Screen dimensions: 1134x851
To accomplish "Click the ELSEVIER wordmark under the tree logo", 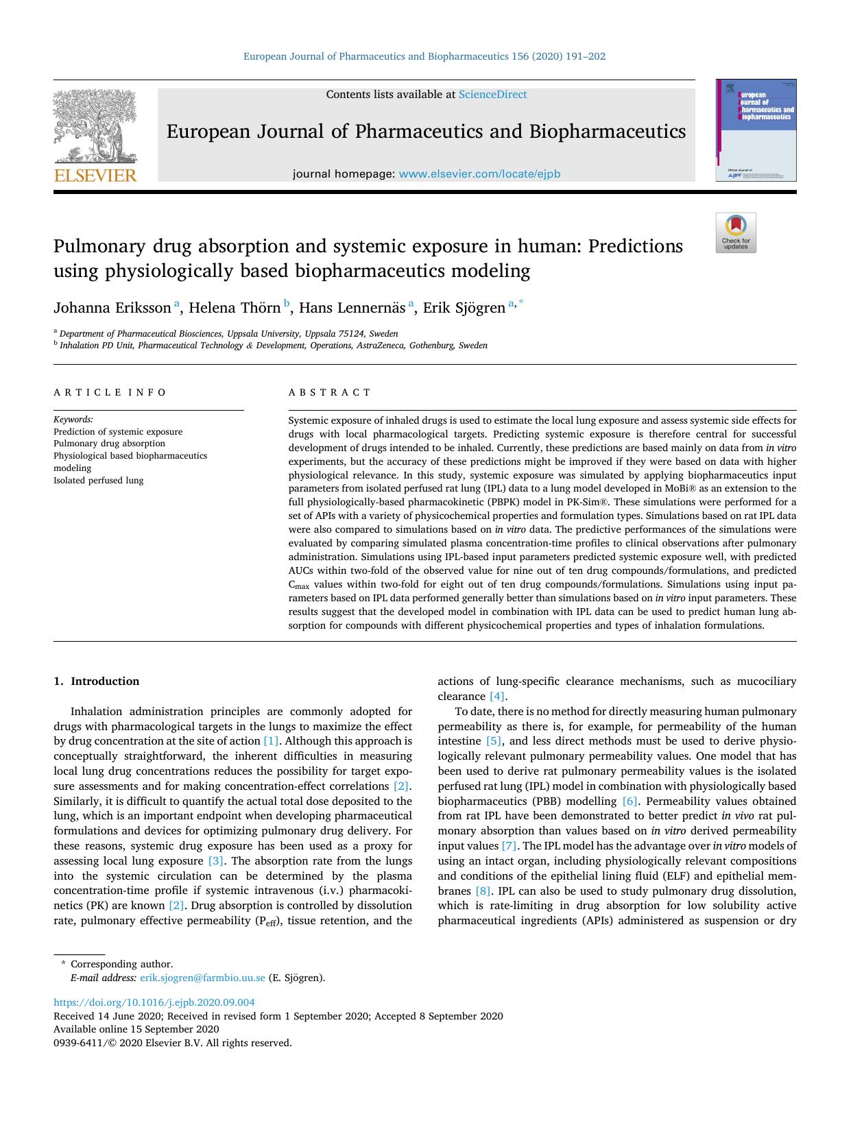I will (x=95, y=176).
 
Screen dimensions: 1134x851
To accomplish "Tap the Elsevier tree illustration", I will (x=95, y=125).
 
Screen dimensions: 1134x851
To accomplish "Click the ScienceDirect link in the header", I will (x=492, y=95).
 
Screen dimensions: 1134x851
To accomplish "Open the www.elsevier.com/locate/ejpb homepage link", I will (x=479, y=174).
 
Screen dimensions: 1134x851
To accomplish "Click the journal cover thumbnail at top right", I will (x=756, y=130).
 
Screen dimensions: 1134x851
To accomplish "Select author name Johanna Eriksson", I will (x=112, y=308).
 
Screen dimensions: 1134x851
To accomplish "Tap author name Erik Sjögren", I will (x=464, y=308).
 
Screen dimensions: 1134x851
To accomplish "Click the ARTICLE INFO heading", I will (x=110, y=393).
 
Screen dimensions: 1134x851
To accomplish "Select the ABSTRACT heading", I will (x=329, y=393).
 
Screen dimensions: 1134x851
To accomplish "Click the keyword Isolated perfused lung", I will (x=99, y=481).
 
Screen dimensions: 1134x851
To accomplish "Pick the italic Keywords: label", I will (x=73, y=420).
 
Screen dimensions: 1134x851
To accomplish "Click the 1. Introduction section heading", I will (x=97, y=681).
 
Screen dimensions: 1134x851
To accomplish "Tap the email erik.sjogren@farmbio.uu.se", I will (x=202, y=978).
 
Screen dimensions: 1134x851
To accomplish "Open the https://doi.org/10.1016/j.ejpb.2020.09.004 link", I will (x=154, y=1002).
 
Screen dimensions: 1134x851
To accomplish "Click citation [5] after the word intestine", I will (x=494, y=741).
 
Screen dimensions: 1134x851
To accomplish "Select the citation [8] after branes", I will (x=483, y=891).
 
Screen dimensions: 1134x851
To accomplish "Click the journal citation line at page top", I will (x=424, y=57).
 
